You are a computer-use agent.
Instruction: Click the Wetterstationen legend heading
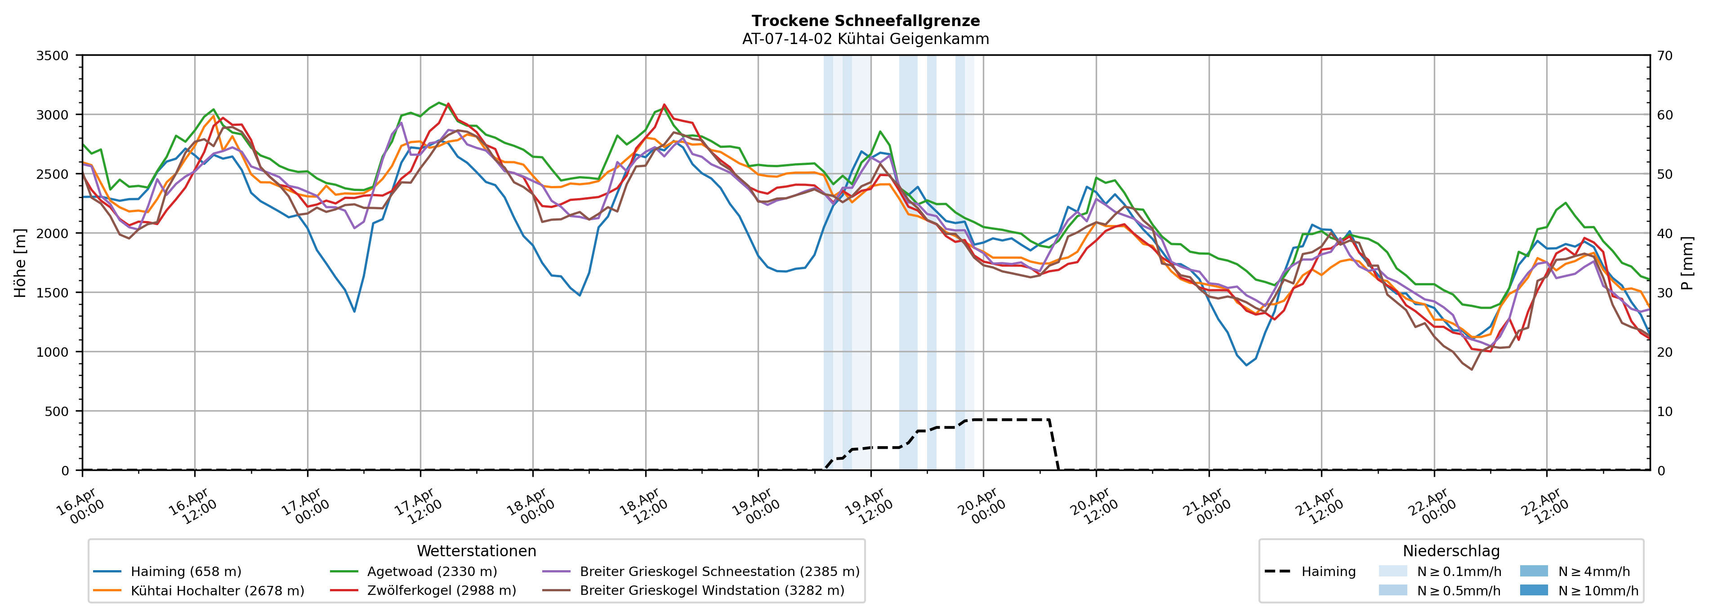476,551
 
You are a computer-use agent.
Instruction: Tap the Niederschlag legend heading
1451,551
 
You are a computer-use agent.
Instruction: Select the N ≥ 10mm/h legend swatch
1533,590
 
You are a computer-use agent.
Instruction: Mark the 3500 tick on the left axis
53,56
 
